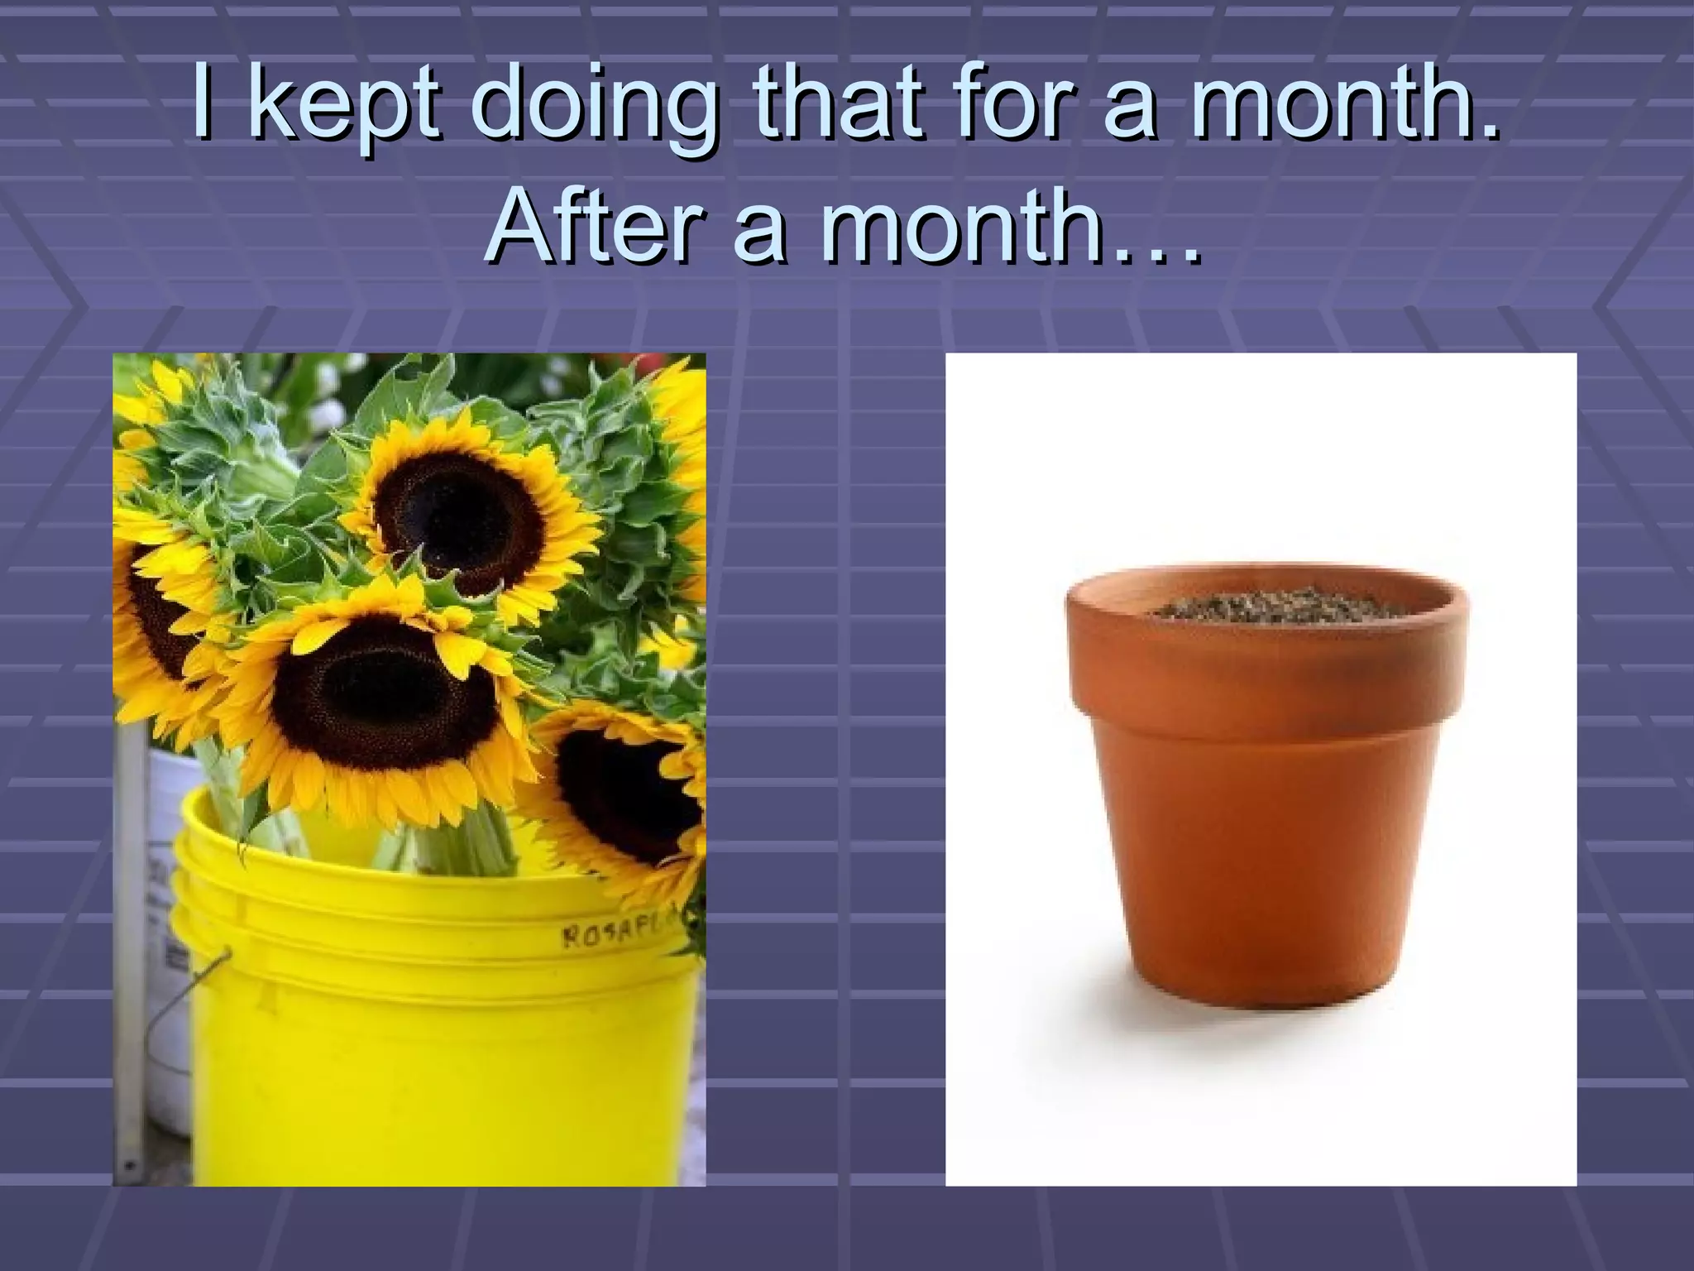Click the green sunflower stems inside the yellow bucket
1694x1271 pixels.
(463, 844)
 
